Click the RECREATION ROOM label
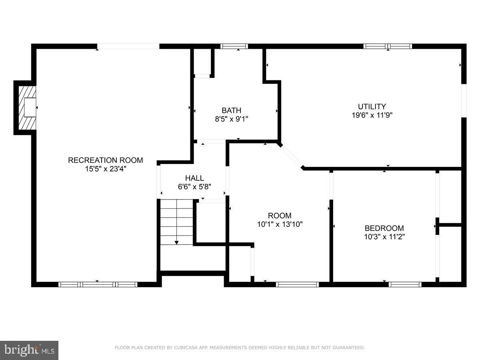pyautogui.click(x=105, y=160)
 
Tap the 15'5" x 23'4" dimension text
pyautogui.click(x=105, y=169)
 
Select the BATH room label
pyautogui.click(x=231, y=110)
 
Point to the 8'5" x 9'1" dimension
pyautogui.click(x=231, y=119)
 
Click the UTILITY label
pyautogui.click(x=372, y=106)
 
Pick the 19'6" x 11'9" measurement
pyautogui.click(x=372, y=115)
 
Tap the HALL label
pyautogui.click(x=194, y=178)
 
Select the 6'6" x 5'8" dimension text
pyautogui.click(x=194, y=186)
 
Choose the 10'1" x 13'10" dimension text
pyautogui.click(x=280, y=224)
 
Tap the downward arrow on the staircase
pyautogui.click(x=176, y=242)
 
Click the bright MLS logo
pyautogui.click(x=29, y=350)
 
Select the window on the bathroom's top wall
pyautogui.click(x=234, y=46)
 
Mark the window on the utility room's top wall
pyautogui.click(x=388, y=46)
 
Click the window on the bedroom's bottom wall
pyautogui.click(x=405, y=284)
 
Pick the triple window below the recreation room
pyautogui.click(x=98, y=284)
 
